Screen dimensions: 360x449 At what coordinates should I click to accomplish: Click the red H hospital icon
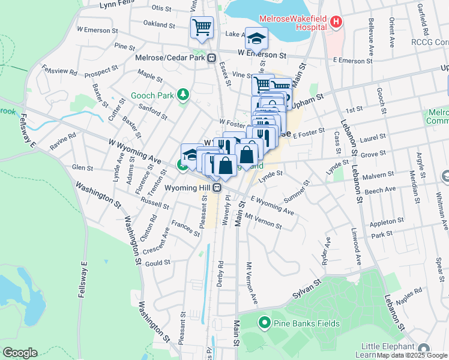point(336,23)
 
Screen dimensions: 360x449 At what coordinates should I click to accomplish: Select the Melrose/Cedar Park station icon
point(211,58)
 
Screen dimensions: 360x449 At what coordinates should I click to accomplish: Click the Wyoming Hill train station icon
point(219,187)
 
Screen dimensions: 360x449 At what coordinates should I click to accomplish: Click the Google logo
point(19,353)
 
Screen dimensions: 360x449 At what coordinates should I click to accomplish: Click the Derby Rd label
point(220,272)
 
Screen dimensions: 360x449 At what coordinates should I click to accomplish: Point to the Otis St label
point(161,8)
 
